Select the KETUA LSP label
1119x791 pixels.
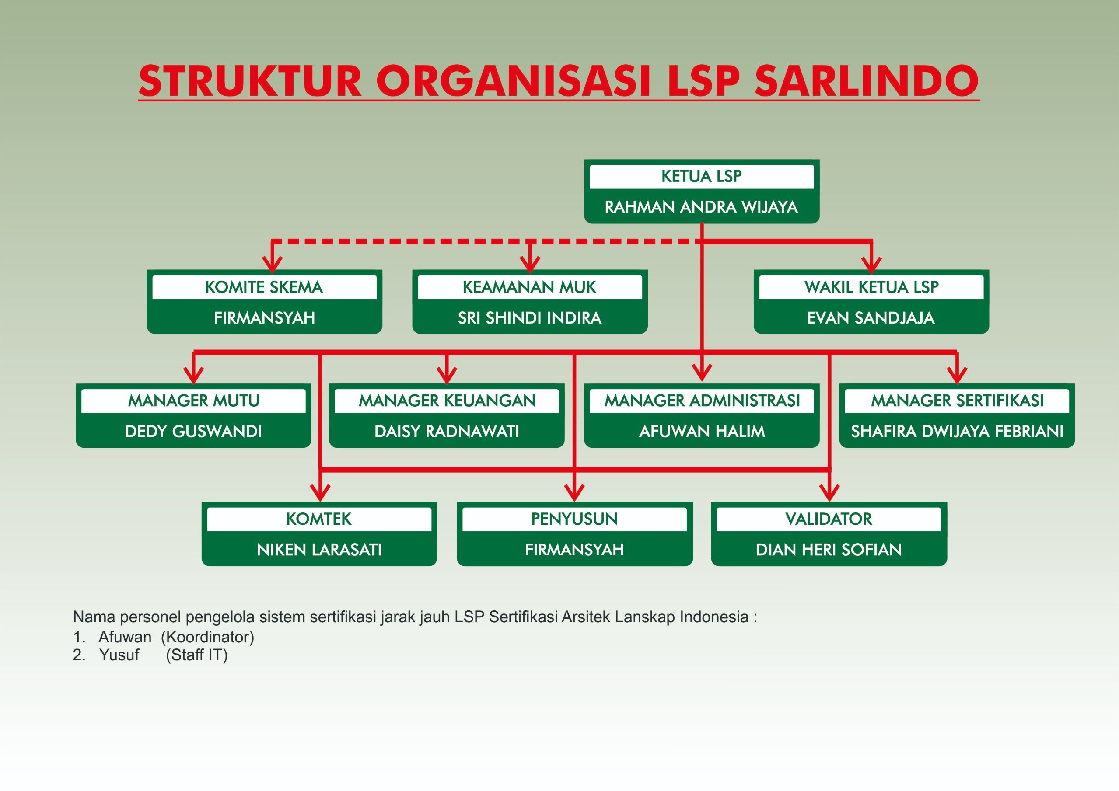click(701, 176)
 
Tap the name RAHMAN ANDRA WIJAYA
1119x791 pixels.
click(701, 207)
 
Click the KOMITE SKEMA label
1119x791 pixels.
click(264, 287)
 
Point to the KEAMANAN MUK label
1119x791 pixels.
click(529, 287)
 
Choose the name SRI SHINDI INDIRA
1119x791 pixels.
click(529, 318)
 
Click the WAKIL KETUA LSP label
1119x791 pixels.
click(871, 287)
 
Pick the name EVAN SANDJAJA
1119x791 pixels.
click(871, 318)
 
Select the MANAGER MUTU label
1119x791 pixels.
click(193, 401)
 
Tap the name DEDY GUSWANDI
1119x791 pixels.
click(193, 432)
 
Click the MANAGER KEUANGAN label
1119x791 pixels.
click(447, 401)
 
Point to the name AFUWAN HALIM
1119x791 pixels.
click(702, 432)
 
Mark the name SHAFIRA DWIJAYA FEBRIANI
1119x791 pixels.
click(957, 432)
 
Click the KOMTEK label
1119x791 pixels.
click(319, 519)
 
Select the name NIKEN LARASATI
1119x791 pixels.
click(319, 550)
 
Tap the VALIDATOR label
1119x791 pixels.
click(829, 519)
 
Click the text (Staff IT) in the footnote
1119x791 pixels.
click(197, 655)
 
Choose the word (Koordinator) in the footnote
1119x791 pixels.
click(208, 637)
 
